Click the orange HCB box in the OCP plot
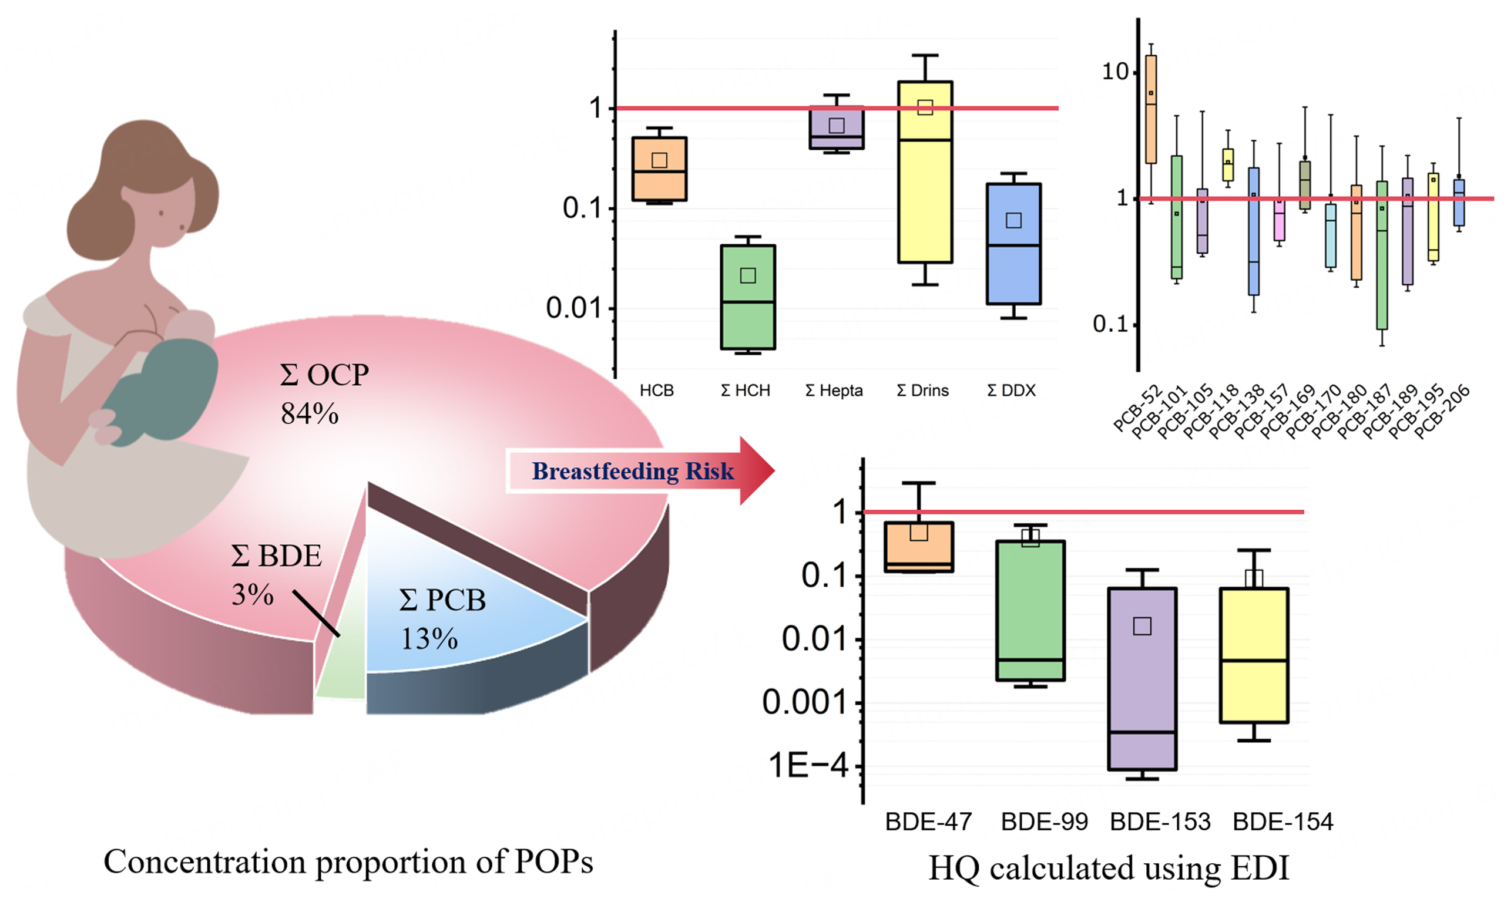click(659, 169)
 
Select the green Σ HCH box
click(747, 297)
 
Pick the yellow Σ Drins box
click(925, 183)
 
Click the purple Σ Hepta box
click(836, 127)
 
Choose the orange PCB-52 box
click(1150, 109)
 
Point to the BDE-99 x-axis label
click(1044, 822)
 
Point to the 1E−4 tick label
click(808, 766)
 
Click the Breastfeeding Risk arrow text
click(632, 472)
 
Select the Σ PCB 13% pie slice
click(462, 614)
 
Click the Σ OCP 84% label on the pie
click(323, 394)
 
